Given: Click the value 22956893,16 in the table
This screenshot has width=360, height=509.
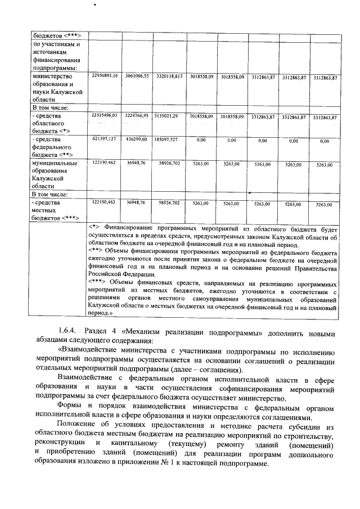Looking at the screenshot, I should click(104, 75).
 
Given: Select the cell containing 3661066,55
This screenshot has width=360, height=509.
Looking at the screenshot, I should click(137, 75).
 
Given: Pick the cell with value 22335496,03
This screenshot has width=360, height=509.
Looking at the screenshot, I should click(104, 116).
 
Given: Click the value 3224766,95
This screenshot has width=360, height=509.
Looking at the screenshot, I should click(137, 116).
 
